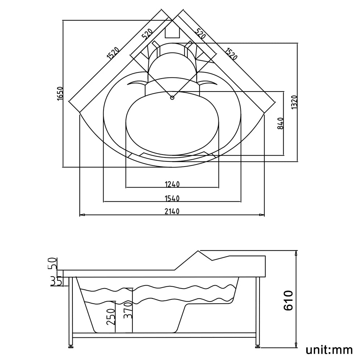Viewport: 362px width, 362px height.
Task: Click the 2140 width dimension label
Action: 172,211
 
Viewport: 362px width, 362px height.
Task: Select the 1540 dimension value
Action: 172,198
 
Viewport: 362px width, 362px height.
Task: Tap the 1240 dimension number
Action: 172,184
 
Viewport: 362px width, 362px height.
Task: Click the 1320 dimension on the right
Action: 294,102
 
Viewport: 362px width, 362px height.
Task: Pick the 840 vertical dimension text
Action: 280,123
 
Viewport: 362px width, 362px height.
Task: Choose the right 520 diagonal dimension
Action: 200,34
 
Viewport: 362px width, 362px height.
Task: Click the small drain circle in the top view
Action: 172,97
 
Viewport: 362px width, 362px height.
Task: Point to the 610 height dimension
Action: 288,300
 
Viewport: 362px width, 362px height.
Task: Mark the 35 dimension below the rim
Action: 55,281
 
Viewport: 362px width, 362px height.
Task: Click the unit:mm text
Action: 329,350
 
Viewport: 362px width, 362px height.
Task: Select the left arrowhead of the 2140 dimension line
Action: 82,215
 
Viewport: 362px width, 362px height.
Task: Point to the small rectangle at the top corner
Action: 172,32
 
